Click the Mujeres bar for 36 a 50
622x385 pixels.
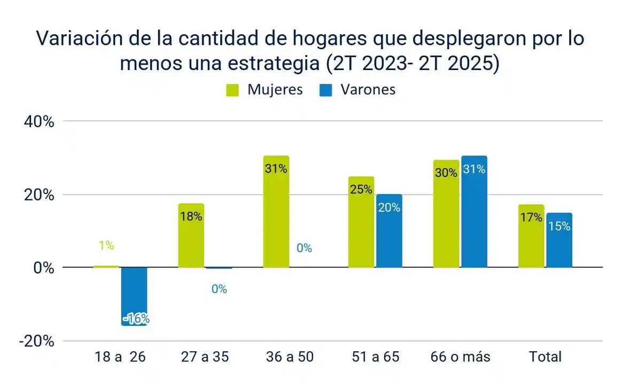276,214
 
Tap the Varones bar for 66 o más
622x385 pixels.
474,214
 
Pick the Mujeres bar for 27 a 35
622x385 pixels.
191,238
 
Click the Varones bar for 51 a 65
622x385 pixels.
389,233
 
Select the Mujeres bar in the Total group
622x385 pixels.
531,238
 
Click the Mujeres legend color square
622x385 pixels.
232,90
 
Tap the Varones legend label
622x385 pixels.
368,90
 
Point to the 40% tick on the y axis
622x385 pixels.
39,122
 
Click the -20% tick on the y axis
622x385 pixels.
36,341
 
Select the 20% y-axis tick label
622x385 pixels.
39,195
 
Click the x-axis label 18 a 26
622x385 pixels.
120,357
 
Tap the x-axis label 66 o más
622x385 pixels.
460,357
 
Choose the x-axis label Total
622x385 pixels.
545,357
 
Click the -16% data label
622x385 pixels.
136,319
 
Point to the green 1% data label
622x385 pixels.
106,245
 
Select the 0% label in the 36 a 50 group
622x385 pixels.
304,248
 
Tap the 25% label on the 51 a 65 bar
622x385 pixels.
361,189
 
